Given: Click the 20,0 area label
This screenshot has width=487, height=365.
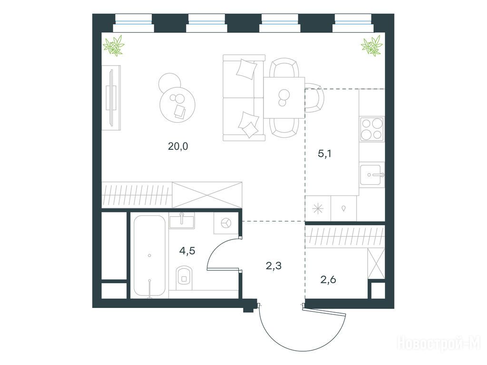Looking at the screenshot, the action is pyautogui.click(x=178, y=146).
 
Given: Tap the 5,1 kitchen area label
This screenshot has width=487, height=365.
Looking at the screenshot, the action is pyautogui.click(x=324, y=154).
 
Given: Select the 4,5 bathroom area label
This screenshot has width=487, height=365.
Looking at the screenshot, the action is pyautogui.click(x=187, y=250).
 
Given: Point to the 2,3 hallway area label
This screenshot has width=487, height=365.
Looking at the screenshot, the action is pyautogui.click(x=273, y=266).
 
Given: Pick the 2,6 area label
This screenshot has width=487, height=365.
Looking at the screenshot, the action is pyautogui.click(x=328, y=280).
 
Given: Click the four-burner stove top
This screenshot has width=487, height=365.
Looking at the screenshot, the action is pyautogui.click(x=372, y=129).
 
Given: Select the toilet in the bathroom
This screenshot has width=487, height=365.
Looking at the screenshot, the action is pyautogui.click(x=185, y=277).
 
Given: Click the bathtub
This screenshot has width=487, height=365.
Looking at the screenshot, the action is pyautogui.click(x=149, y=256).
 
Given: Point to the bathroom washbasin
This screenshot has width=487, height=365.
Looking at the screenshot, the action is pyautogui.click(x=182, y=221).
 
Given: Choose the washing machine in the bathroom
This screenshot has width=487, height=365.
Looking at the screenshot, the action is pyautogui.click(x=226, y=223).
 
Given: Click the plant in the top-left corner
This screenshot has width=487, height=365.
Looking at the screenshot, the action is pyautogui.click(x=114, y=46).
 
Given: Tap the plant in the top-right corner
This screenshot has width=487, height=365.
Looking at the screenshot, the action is pyautogui.click(x=372, y=46).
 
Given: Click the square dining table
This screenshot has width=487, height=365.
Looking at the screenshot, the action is pyautogui.click(x=284, y=97).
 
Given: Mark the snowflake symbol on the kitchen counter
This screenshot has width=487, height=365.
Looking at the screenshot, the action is pyautogui.click(x=318, y=209).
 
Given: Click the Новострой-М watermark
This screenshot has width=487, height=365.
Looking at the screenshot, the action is pyautogui.click(x=438, y=344).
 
